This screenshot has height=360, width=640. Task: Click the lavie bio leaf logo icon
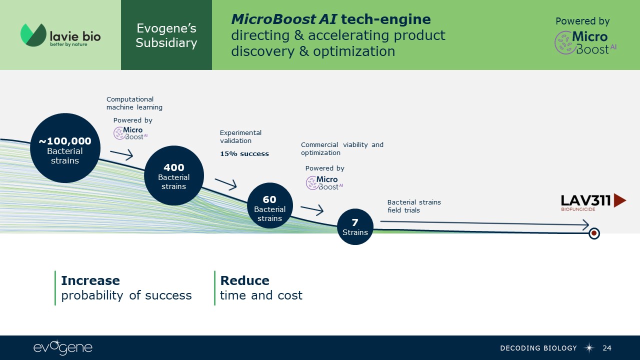[33, 35]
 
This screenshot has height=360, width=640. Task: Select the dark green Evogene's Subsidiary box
[166, 35]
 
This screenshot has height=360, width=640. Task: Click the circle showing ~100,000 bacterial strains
[65, 148]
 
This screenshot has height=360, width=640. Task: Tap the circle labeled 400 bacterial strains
[174, 175]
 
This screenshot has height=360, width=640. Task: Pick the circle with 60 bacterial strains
[270, 205]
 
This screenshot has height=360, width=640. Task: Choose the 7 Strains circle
[355, 226]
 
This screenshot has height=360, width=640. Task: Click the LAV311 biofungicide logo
[593, 201]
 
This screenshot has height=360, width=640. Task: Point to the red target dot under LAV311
[594, 233]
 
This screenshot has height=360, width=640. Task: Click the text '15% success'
[244, 154]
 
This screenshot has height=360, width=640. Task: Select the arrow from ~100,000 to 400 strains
[121, 154]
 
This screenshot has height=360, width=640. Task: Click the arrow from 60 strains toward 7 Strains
[312, 209]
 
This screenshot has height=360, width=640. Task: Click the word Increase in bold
[90, 280]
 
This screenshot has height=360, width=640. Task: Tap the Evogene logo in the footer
[63, 348]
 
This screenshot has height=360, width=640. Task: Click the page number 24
[607, 348]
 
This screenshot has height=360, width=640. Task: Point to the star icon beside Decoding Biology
[589, 348]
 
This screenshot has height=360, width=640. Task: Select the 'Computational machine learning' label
[134, 103]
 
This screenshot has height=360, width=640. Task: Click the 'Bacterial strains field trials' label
[414, 206]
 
